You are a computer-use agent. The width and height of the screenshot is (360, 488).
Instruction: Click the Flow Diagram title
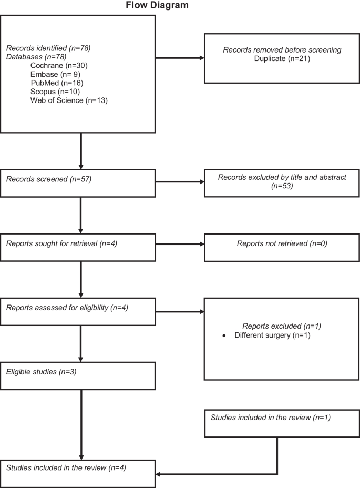tap(157, 6)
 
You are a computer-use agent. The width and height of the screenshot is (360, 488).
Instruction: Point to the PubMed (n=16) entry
tap(57, 83)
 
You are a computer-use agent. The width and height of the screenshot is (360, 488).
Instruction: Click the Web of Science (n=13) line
tap(69, 100)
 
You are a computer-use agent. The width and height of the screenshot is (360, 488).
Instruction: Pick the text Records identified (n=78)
tap(48, 48)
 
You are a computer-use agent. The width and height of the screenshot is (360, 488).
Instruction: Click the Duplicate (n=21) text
tap(282, 58)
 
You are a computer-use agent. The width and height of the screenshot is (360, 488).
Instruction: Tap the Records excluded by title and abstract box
tap(282, 182)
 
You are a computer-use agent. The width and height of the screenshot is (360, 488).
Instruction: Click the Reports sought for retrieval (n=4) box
tap(78, 247)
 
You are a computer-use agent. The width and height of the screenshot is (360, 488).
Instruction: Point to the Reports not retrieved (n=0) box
tap(282, 247)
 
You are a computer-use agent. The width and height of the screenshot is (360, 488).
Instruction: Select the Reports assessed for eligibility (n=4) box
tap(78, 311)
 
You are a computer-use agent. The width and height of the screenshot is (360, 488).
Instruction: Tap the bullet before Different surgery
tap(224, 335)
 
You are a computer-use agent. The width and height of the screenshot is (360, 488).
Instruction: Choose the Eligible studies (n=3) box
tap(78, 375)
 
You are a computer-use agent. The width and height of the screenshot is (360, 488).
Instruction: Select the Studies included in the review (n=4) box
tap(78, 473)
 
